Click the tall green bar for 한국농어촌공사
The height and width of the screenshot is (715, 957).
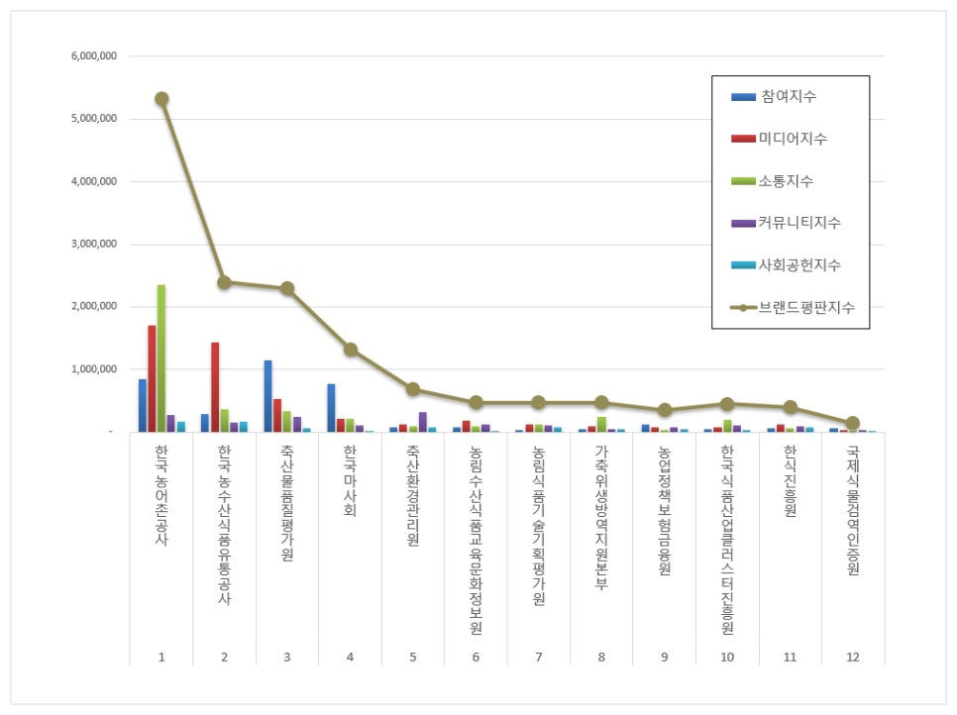point(161,358)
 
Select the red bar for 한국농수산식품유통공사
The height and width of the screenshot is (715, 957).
point(214,387)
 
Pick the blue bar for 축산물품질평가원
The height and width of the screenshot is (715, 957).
point(267,396)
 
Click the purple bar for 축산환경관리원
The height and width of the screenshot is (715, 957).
point(422,422)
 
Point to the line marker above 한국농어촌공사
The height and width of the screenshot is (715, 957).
point(161,99)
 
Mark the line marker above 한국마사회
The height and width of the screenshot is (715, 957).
point(350,350)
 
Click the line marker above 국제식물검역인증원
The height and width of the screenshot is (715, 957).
point(853,423)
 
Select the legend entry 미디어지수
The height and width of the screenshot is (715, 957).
point(794,139)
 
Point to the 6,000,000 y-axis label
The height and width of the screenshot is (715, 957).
point(95,56)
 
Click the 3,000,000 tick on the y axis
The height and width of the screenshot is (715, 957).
point(95,245)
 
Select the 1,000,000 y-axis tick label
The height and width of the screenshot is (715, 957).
point(95,369)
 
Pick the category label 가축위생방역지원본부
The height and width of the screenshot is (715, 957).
point(601,516)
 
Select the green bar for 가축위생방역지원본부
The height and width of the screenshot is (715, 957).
point(601,424)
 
